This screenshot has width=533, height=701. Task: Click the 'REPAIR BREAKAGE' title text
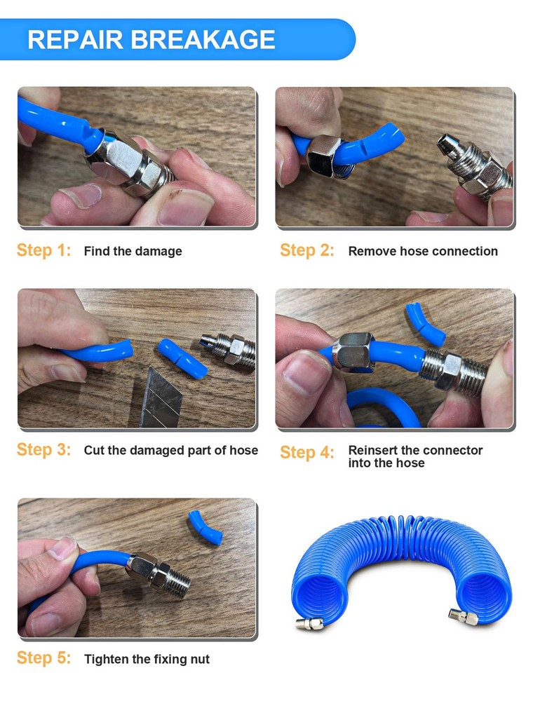[151, 39]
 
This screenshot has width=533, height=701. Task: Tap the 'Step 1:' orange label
[43, 250]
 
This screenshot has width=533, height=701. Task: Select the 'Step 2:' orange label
[307, 250]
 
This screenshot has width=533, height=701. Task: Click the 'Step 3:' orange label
[43, 450]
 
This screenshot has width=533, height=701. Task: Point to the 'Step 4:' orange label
[307, 452]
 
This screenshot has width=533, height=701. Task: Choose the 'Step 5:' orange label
[43, 658]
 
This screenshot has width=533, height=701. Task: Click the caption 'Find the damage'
[133, 251]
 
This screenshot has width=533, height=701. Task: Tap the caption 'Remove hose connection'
[423, 251]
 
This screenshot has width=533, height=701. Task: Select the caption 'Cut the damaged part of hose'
[171, 450]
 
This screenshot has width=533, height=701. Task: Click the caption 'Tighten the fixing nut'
[147, 659]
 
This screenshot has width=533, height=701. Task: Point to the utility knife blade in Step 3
[161, 398]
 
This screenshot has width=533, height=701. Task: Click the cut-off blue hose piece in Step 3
[182, 358]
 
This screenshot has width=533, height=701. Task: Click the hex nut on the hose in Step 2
[324, 156]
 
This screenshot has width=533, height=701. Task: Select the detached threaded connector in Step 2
[474, 166]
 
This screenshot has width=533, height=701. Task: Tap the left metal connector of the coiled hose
[309, 622]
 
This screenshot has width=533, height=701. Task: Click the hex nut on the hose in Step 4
[353, 352]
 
